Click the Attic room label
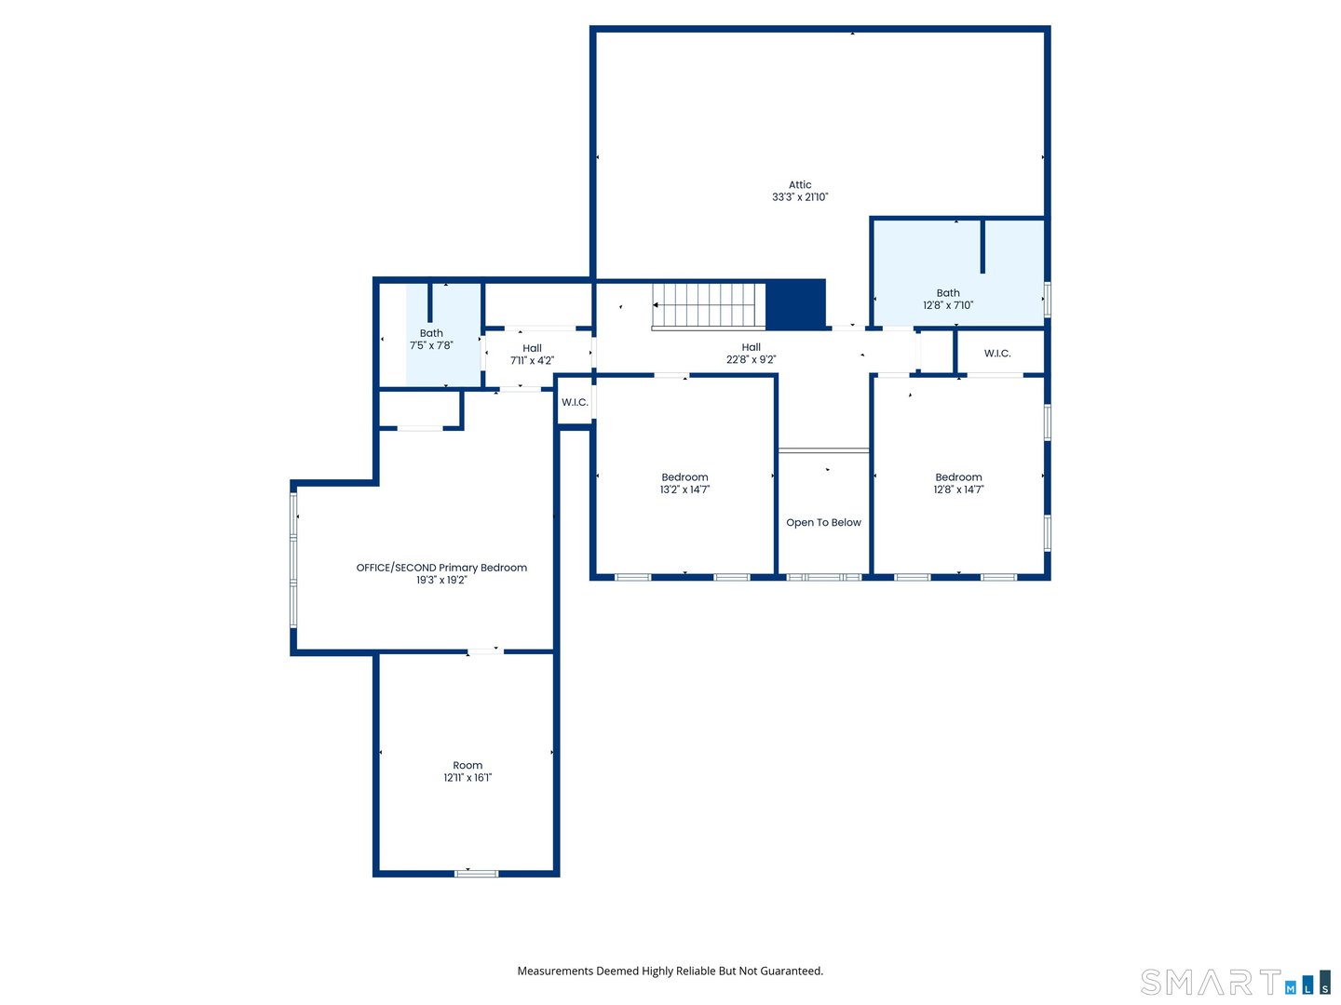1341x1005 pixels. tap(800, 185)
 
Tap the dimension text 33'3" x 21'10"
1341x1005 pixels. tap(800, 197)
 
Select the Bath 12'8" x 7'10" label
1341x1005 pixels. tap(948, 299)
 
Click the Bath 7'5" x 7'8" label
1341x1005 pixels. tap(431, 339)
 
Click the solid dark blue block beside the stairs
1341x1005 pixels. tap(795, 304)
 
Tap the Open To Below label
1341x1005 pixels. tap(823, 523)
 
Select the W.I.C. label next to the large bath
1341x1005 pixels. tap(997, 354)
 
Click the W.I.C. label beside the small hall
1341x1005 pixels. tap(575, 403)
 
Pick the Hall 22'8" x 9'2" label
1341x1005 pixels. tap(751, 354)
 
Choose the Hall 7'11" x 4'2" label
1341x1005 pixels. tap(532, 355)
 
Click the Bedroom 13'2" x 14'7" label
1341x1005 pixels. tap(684, 483)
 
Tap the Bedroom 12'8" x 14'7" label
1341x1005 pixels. tap(958, 483)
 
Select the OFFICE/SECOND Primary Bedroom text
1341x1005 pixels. tap(441, 568)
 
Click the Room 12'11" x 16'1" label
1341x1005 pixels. tap(467, 771)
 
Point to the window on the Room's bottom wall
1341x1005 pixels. tap(476, 873)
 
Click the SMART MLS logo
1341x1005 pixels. tap(1235, 983)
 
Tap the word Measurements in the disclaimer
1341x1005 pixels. tap(555, 971)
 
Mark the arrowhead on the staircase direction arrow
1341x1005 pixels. tap(656, 305)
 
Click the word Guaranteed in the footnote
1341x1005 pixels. tap(792, 971)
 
